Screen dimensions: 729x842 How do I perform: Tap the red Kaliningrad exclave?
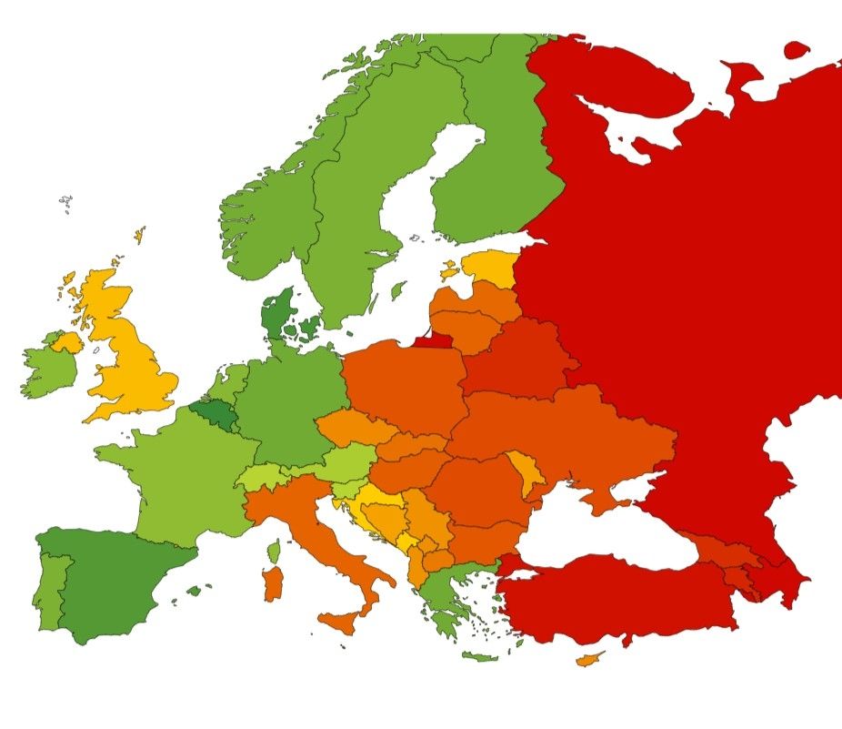point(430,341)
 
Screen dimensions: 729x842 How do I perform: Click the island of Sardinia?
point(273,583)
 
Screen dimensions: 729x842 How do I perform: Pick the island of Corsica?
point(275,552)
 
